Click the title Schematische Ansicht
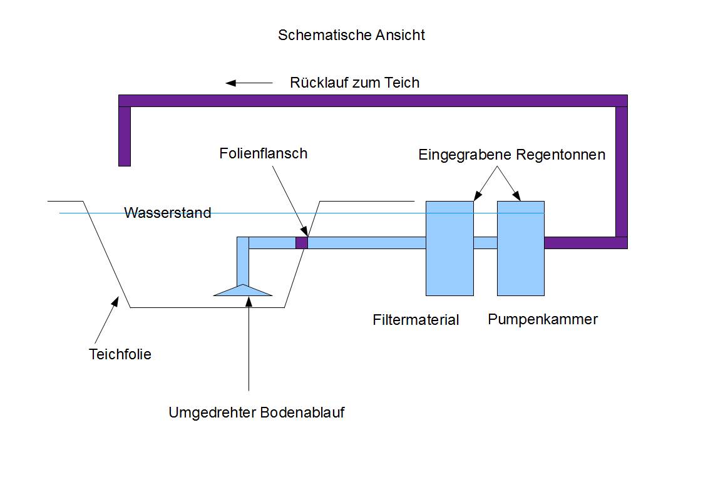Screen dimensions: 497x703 tap(351, 35)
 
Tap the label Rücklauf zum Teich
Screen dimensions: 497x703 tap(354, 83)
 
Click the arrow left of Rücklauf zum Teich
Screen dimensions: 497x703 tap(249, 83)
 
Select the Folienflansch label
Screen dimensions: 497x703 tap(264, 153)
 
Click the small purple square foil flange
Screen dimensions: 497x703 tap(302, 243)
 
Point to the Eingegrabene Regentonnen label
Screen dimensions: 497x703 tap(511, 155)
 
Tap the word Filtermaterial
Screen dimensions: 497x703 tap(416, 320)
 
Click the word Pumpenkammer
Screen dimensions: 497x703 tap(543, 319)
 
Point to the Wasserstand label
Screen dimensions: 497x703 tap(167, 213)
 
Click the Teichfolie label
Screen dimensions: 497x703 tap(120, 354)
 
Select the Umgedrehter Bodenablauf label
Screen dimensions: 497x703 tap(256, 413)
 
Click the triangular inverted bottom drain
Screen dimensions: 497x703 tap(243, 290)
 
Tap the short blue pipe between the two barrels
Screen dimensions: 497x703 tap(485, 243)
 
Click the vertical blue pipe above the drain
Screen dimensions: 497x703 tap(243, 263)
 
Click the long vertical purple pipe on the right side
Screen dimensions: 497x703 tap(621, 172)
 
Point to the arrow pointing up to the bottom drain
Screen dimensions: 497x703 tap(249, 344)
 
